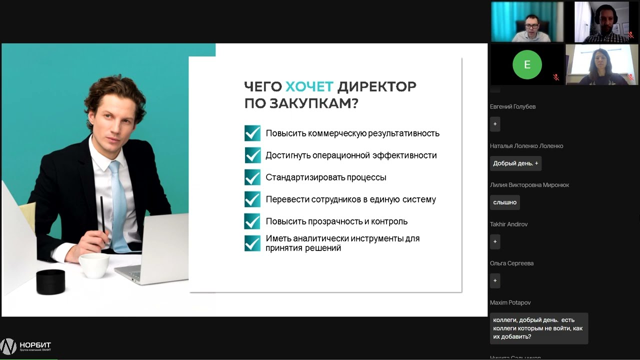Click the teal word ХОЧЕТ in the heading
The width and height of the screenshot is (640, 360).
coord(309,86)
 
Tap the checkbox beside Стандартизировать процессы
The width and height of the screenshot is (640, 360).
coord(252,177)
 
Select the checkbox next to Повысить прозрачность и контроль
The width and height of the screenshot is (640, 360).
coord(252,221)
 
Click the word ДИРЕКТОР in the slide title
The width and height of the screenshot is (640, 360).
coord(376,86)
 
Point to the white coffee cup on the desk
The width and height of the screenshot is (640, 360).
coord(93,264)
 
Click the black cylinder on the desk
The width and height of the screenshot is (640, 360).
coord(50,281)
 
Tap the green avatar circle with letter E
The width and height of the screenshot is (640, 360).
coord(526,64)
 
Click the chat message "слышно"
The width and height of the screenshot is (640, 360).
coord(505,202)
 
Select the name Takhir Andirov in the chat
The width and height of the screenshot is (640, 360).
coord(508,224)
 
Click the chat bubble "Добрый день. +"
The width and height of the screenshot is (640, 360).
coord(515,163)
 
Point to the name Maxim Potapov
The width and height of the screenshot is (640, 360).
coord(510,302)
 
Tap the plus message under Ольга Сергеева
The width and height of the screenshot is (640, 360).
coord(495,280)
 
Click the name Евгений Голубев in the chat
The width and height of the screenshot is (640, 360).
coord(512,106)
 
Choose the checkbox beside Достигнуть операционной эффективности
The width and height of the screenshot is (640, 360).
coord(252,155)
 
